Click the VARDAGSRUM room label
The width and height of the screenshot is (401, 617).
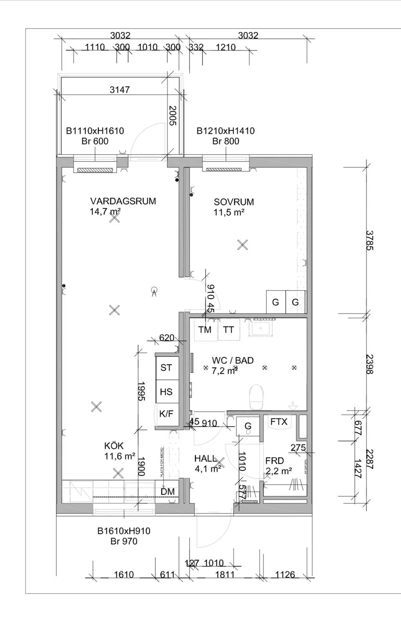coord(123,201)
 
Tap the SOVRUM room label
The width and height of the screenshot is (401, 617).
coord(234,202)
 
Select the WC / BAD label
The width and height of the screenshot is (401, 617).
coord(233,361)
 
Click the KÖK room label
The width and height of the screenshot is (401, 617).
coord(114,446)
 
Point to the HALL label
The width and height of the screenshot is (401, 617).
coord(205,459)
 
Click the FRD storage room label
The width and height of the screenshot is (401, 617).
coord(275,461)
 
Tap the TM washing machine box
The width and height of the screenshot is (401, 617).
coord(205,330)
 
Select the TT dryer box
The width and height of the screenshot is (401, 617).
coord(228,330)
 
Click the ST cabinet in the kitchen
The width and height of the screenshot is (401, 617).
coord(166,368)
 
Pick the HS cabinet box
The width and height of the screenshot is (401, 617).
coord(166,392)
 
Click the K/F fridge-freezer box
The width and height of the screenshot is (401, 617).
coord(166,414)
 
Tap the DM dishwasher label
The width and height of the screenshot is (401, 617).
coord(168,492)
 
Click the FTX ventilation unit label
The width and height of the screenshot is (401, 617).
coord(279,422)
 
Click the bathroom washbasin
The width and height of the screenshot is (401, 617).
coord(261,328)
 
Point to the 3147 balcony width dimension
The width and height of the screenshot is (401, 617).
coord(119,90)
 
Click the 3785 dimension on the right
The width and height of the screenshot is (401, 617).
coord(369,240)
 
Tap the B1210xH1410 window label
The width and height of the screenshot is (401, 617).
coord(226,131)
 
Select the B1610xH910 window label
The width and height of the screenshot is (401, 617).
coord(124,531)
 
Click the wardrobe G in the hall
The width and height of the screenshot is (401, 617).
coord(248,426)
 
